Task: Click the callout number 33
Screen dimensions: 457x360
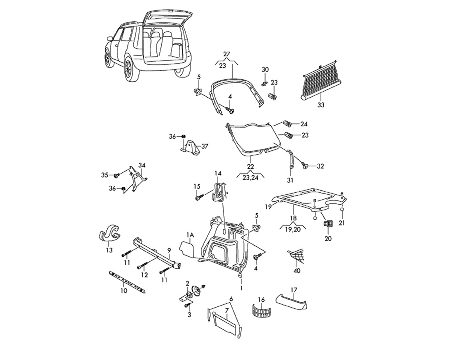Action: click(321, 104)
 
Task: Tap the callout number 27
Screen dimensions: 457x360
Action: click(226, 54)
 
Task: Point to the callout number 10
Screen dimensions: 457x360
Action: click(124, 291)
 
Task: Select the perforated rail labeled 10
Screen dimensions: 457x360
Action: click(127, 281)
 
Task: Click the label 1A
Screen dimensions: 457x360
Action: click(190, 235)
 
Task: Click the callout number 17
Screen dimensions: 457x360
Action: click(293, 290)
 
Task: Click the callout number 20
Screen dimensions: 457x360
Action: click(328, 238)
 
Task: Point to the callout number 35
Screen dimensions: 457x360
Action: click(104, 175)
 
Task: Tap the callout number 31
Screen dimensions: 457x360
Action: click(290, 180)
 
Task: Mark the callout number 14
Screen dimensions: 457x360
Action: click(218, 173)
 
